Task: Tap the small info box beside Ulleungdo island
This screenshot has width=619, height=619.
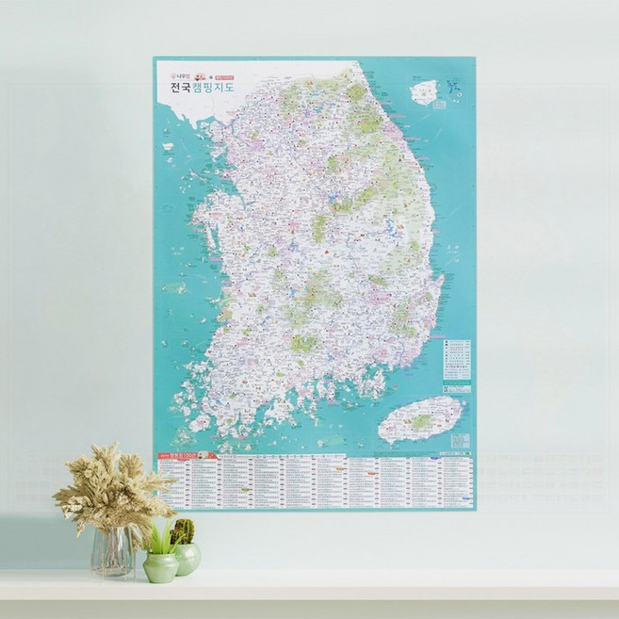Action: tap(440, 104)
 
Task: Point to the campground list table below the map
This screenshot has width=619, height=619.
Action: tap(320, 481)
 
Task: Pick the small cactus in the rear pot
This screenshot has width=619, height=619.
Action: tap(184, 531)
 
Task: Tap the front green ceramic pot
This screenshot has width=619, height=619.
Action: tap(160, 567)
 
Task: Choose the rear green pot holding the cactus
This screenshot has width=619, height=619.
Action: tap(187, 558)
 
